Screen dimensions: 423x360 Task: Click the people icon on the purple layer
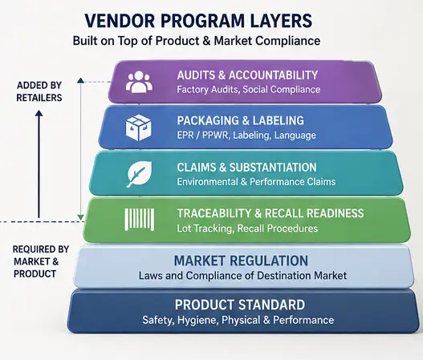(139, 82)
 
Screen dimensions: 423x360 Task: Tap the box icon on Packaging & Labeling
(138, 127)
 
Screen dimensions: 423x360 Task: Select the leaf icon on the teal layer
(139, 174)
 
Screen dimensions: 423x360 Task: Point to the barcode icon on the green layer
(139, 220)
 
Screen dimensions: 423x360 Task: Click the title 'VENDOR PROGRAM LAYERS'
(198, 21)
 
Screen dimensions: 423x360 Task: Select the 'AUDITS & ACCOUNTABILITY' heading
(247, 75)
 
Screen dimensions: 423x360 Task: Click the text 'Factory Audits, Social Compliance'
(249, 90)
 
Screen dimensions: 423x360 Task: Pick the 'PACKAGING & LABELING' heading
(240, 120)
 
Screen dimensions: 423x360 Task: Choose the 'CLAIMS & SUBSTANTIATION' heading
(247, 168)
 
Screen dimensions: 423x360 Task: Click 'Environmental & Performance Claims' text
(256, 182)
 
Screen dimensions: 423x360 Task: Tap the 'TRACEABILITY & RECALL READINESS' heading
(270, 213)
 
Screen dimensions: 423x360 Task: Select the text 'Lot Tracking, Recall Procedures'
(247, 229)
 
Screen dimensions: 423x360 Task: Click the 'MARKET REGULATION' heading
(241, 261)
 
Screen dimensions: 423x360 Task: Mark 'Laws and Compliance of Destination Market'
(242, 276)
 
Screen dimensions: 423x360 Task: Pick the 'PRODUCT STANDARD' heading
(240, 305)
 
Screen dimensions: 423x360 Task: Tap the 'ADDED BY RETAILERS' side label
(39, 91)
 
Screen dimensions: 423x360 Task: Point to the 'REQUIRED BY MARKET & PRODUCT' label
(41, 261)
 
